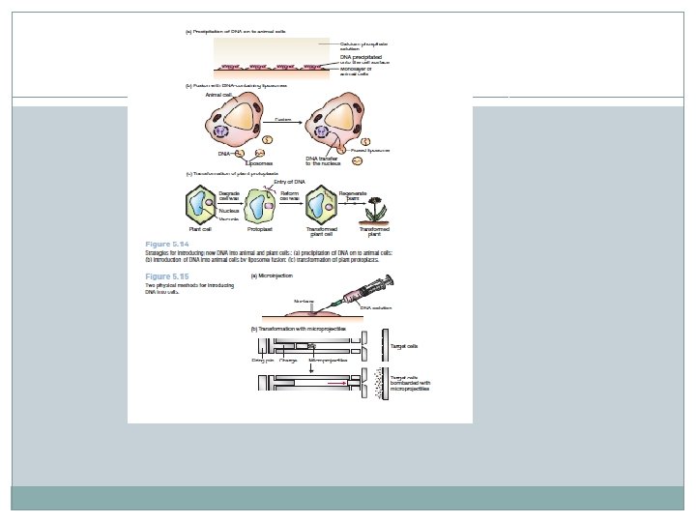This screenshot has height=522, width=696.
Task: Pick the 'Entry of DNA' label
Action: coord(291,181)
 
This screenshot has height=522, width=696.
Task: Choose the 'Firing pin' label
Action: coord(264,360)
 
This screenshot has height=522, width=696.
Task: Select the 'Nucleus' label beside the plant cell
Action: coord(229,210)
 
